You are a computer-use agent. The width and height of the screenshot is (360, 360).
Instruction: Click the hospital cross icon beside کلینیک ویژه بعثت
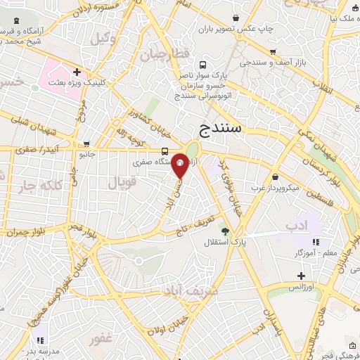click(x=76, y=72)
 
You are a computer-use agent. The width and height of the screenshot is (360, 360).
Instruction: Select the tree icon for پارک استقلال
click(x=225, y=231)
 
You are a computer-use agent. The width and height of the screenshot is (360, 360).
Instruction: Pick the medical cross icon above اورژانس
click(x=301, y=276)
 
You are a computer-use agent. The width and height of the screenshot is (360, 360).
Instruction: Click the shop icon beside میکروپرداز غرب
click(x=275, y=177)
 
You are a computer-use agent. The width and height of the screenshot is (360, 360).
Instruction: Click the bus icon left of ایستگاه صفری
click(x=165, y=151)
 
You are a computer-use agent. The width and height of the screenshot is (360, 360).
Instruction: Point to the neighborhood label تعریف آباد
click(x=191, y=290)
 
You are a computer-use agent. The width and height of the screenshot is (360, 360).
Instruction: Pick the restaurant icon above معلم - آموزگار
click(x=316, y=242)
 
